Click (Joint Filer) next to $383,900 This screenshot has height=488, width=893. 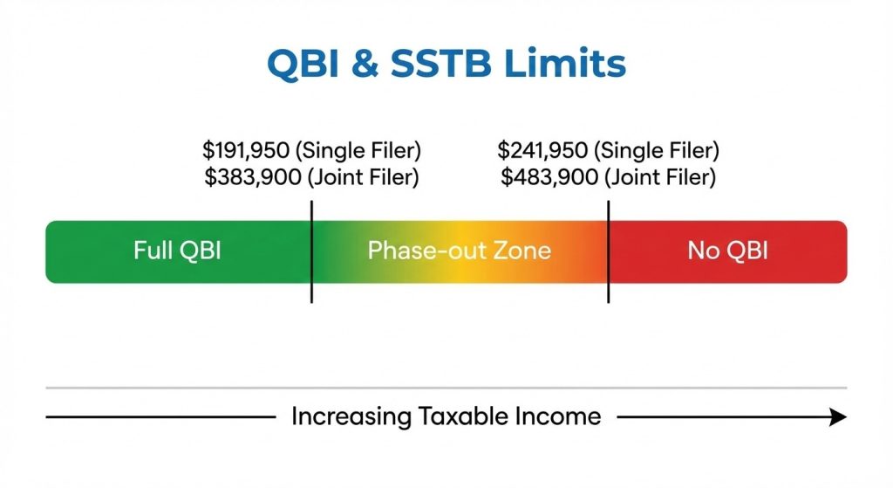point(358,178)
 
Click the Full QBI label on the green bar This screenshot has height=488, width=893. point(177,251)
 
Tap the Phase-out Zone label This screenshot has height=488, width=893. point(459,251)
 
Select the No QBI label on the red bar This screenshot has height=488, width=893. point(727,251)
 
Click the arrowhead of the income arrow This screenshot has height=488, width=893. point(838,417)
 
